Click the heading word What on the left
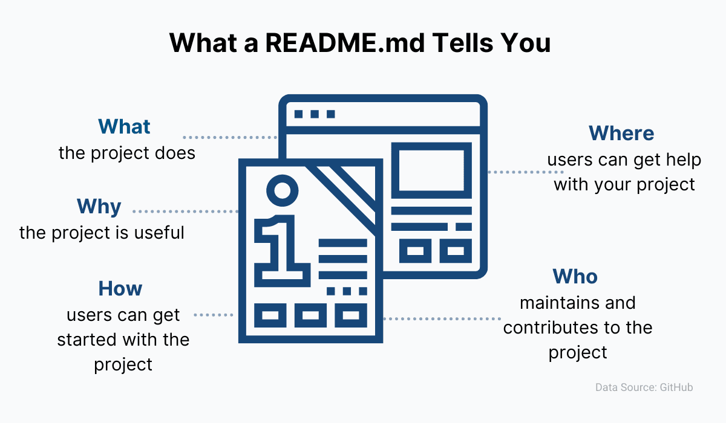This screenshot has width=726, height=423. tap(124, 126)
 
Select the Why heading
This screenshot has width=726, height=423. tap(99, 207)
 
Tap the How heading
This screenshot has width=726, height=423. tap(120, 289)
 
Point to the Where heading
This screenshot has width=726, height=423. tap(621, 133)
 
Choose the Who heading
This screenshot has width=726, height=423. tap(575, 277)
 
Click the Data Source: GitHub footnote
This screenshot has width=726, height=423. tap(644, 387)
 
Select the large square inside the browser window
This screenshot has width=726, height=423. tap(431, 170)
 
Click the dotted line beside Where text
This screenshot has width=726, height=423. tap(514, 172)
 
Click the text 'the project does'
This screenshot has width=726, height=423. tap(127, 153)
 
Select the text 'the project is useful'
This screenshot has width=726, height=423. tap(102, 233)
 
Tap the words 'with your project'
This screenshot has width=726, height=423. tap(624, 184)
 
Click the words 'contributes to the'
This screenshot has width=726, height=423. tap(578, 328)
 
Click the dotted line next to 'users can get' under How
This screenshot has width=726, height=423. tap(213, 315)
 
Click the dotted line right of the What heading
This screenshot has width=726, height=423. tap(229, 137)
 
